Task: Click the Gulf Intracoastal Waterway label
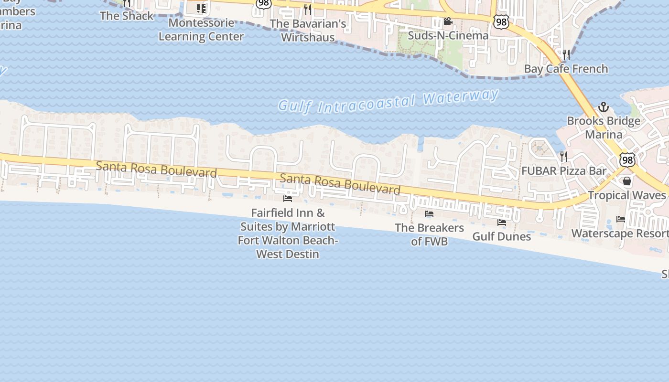[x=388, y=101]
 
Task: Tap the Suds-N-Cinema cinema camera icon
[x=448, y=21]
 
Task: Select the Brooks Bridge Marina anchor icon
[x=604, y=107]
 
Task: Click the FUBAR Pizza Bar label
[x=564, y=171]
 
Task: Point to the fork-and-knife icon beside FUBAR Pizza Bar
[x=564, y=156]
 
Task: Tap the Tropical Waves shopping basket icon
[x=627, y=181]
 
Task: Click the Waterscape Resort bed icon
[x=621, y=219]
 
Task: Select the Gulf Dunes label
[x=501, y=236]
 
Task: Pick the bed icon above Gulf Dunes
[x=502, y=222]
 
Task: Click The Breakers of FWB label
[x=429, y=234]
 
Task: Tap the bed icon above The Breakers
[x=429, y=214]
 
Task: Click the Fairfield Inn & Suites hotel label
[x=288, y=233]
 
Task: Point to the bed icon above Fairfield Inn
[x=288, y=198]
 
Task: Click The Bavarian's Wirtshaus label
[x=308, y=30]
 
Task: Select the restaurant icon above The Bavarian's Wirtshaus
[x=308, y=9]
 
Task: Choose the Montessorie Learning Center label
[x=201, y=30]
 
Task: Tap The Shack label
[x=127, y=16]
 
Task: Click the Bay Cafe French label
[x=566, y=69]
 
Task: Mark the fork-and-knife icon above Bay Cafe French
[x=566, y=54]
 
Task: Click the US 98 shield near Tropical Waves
[x=627, y=159]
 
